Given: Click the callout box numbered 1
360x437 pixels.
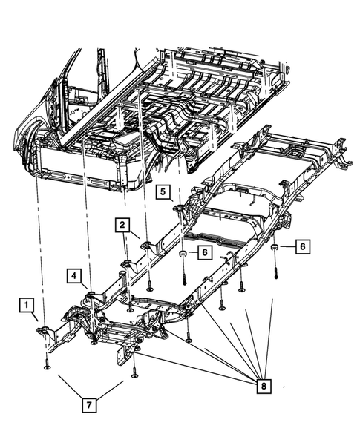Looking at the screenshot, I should pyautogui.click(x=26, y=304).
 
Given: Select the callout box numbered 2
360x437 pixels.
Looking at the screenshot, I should pyautogui.click(x=122, y=225).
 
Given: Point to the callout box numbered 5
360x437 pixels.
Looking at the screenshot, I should pyautogui.click(x=163, y=192).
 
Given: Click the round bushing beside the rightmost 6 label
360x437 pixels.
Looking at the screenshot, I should pyautogui.click(x=274, y=248).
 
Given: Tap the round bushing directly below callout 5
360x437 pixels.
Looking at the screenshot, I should pyautogui.click(x=180, y=257).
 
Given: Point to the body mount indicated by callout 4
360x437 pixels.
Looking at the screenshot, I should pyautogui.click(x=91, y=298).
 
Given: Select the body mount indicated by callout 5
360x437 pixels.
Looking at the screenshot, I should pyautogui.click(x=178, y=207).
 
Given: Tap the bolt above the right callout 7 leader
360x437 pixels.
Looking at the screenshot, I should pyautogui.click(x=134, y=371).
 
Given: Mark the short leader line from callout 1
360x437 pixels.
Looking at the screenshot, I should pyautogui.click(x=34, y=317).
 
